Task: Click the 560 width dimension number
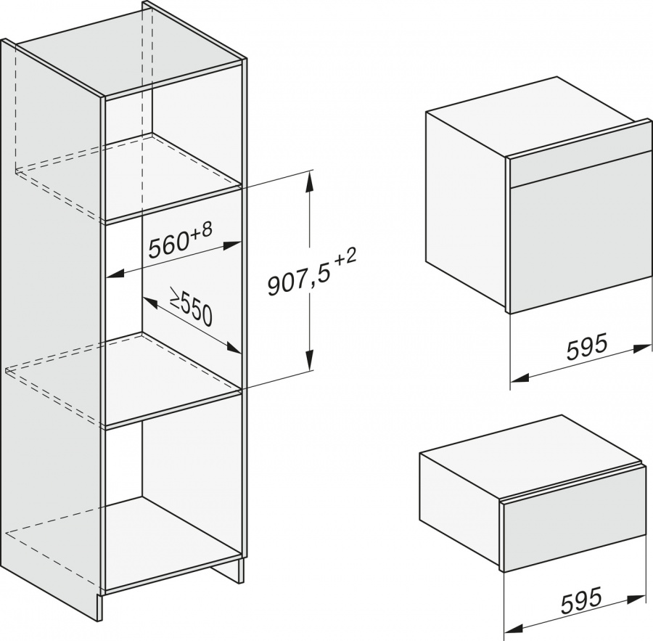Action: pos(168,247)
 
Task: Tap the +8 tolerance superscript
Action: pos(201,232)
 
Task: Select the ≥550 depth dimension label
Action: pos(191,306)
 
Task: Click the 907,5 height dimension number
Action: pos(297,282)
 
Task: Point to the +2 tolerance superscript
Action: pos(345,259)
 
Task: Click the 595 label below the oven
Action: pos(586,348)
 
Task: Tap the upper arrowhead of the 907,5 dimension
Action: pos(308,184)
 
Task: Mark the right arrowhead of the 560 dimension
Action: pos(232,246)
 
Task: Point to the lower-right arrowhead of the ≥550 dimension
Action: pos(234,347)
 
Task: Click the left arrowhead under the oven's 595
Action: pos(519,378)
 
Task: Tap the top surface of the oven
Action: pos(537,118)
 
